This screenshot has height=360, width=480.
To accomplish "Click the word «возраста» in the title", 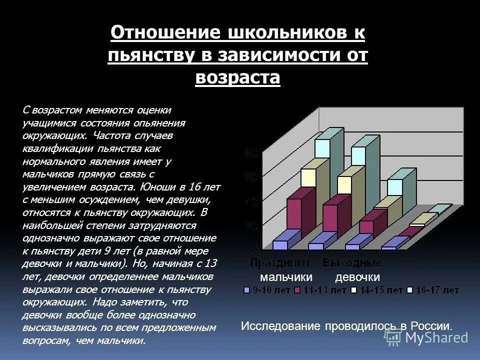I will click(x=237, y=78).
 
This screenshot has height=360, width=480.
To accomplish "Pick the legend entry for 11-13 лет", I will click(x=320, y=290).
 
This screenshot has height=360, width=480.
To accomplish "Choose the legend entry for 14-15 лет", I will click(x=377, y=290).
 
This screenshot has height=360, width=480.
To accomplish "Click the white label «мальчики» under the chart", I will click(x=286, y=277).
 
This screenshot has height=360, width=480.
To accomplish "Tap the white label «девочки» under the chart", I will click(x=357, y=277).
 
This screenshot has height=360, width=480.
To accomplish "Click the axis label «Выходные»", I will click(x=352, y=263).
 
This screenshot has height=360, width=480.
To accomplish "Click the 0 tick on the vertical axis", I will click(x=254, y=249).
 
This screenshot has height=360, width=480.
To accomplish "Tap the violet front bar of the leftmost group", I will click(x=280, y=244).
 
